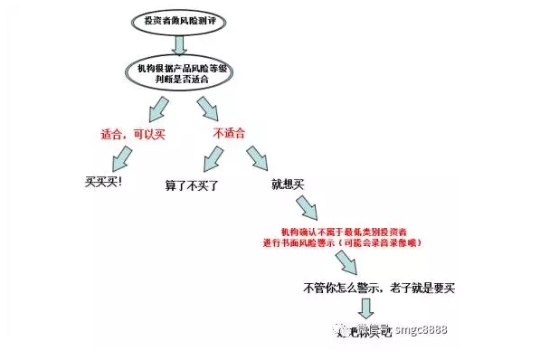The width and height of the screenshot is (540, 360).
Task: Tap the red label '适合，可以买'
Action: click(x=132, y=135)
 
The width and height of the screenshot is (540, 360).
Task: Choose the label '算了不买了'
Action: click(x=192, y=184)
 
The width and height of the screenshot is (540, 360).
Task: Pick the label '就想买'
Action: click(x=288, y=184)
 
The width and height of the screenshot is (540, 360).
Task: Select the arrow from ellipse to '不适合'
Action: click(x=207, y=108)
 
